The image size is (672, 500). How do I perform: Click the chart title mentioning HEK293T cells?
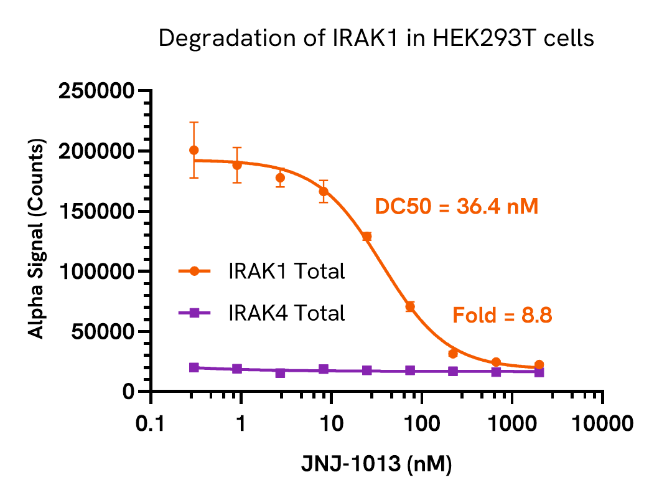(x=376, y=39)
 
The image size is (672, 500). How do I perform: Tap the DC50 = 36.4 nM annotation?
(x=456, y=207)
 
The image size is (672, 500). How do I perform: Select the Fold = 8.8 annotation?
(x=502, y=316)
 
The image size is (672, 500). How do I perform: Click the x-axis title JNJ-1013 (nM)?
(x=376, y=465)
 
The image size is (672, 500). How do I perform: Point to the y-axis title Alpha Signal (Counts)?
(x=38, y=241)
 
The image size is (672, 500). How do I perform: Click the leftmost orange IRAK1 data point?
(x=194, y=150)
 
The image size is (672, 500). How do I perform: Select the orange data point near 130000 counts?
(x=366, y=236)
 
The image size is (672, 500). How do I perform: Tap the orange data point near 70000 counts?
(x=410, y=306)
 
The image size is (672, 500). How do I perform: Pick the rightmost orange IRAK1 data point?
(x=539, y=365)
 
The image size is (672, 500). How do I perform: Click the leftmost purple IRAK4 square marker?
(x=194, y=367)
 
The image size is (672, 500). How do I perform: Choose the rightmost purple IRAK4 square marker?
(x=539, y=372)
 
